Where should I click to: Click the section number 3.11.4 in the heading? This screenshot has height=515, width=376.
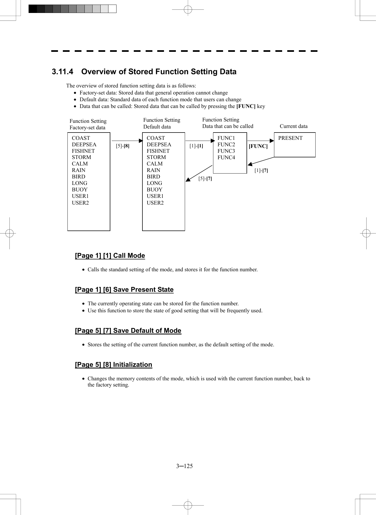62,72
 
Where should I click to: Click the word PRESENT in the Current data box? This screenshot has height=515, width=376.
290,138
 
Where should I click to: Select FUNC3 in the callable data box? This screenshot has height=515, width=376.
226,151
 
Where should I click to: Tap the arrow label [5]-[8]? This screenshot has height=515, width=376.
122,146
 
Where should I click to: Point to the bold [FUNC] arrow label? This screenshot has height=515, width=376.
258,146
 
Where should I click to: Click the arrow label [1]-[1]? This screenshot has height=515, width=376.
196,146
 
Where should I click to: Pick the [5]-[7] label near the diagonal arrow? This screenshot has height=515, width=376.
205,179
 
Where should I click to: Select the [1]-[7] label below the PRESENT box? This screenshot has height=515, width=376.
261,171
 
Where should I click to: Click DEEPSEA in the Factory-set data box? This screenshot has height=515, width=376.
84,145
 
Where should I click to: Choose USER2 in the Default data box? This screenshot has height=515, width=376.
155,203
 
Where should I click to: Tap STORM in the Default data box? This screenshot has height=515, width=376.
156,157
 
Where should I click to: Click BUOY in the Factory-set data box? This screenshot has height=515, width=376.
80,190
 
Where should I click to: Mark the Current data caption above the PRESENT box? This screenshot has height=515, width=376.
293,126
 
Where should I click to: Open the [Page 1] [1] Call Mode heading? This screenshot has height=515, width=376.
110,256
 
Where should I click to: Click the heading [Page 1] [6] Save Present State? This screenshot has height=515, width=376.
124,290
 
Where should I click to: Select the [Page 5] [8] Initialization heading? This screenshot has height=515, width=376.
113,365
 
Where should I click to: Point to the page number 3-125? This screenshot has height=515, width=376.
184,466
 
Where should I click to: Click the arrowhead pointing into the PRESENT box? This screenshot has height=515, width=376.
272,141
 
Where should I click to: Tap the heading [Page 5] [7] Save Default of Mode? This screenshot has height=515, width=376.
128,331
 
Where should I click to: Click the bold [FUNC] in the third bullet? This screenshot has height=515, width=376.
246,106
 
